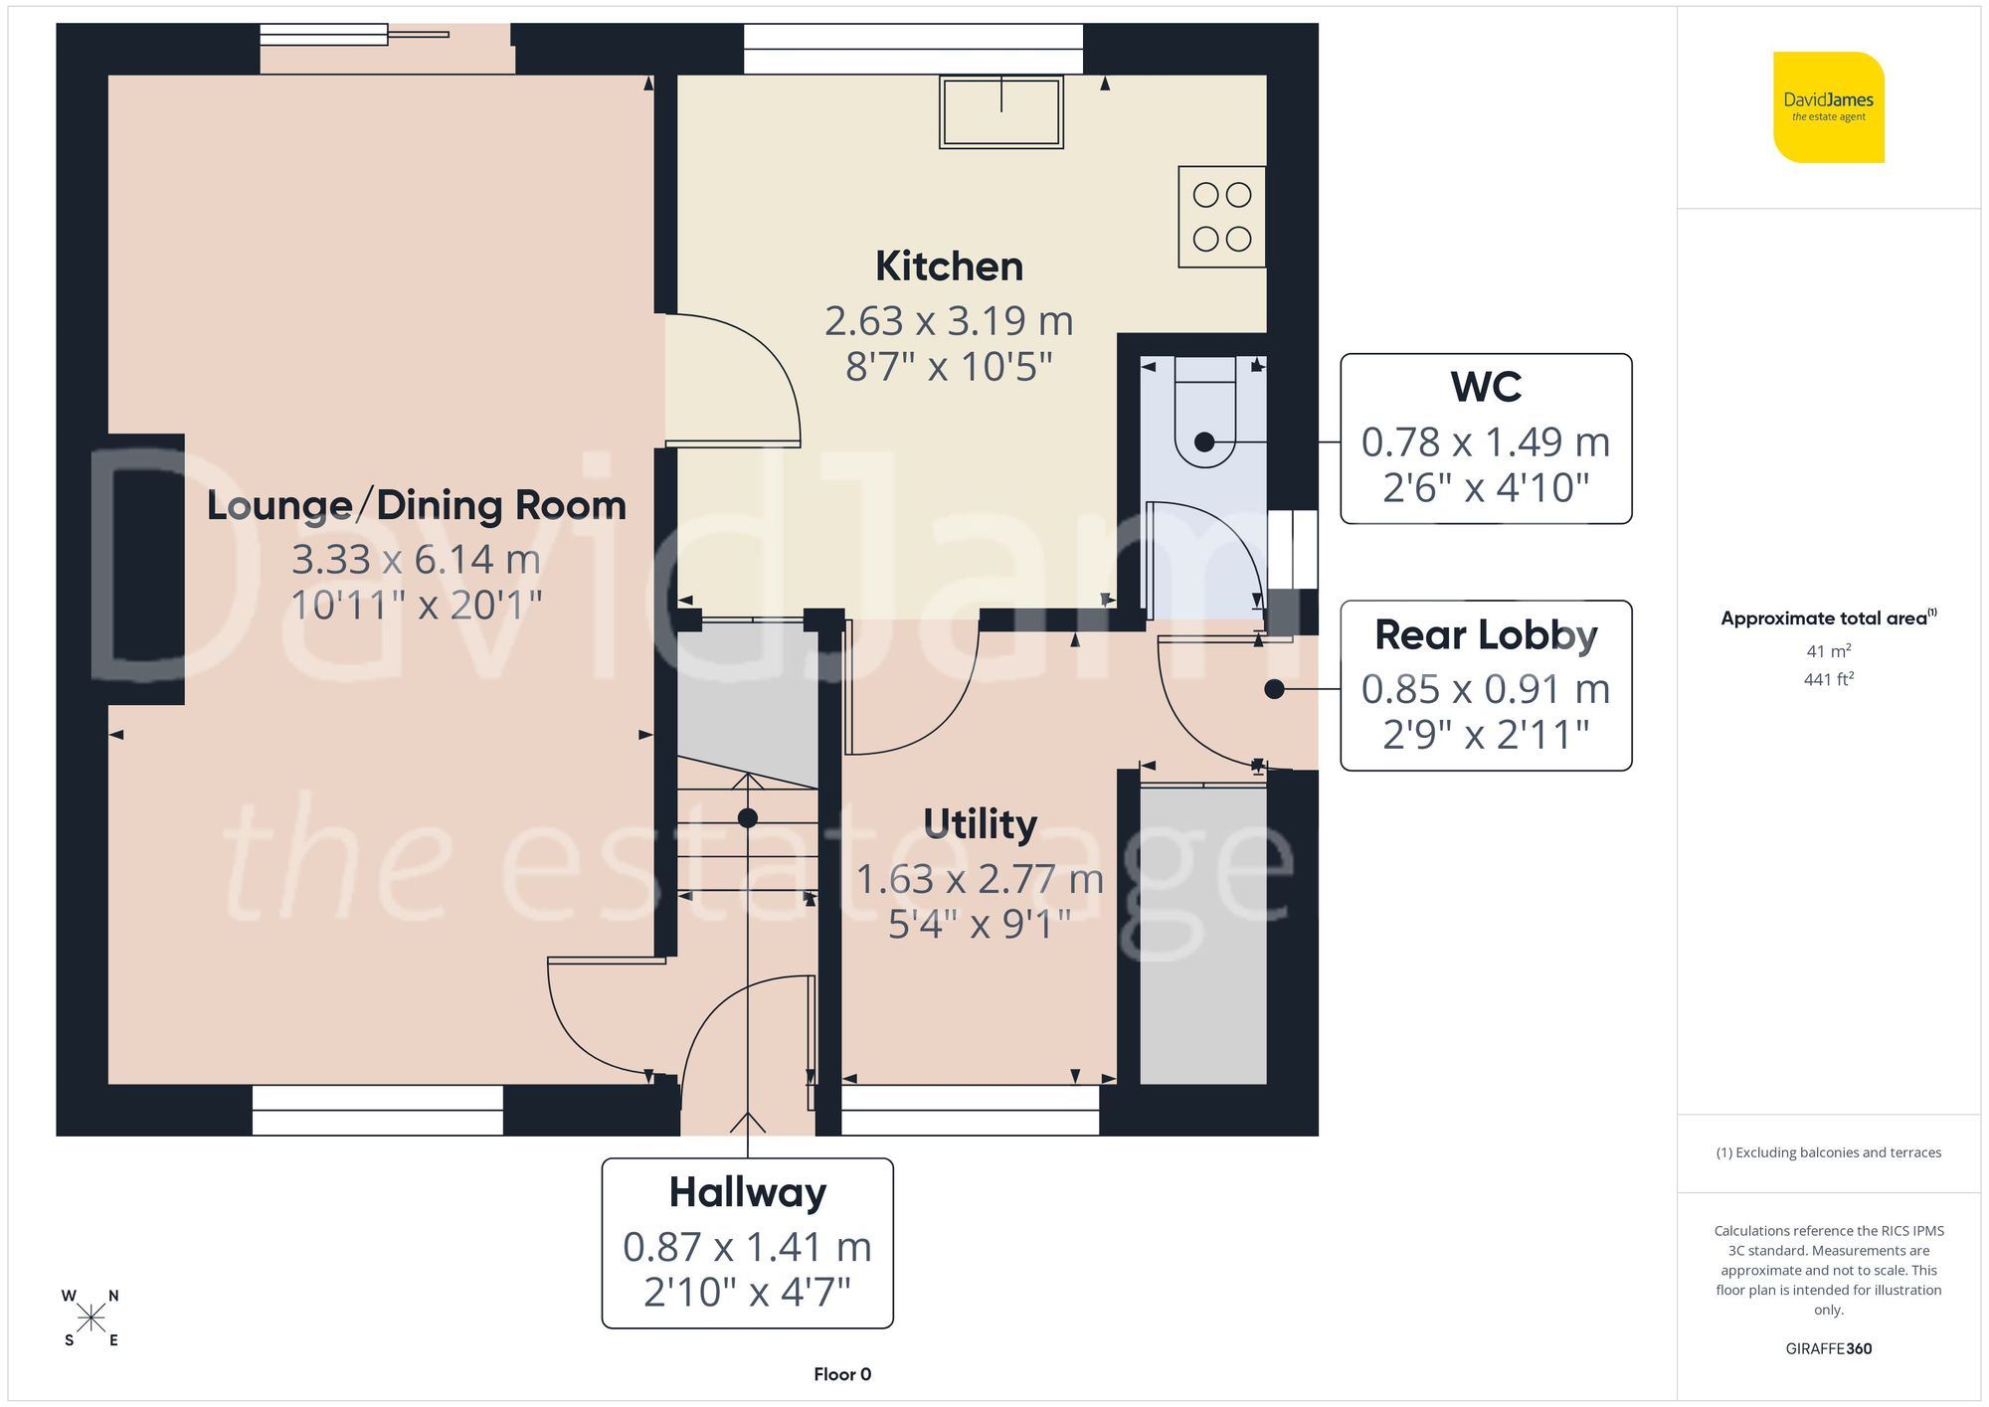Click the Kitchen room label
coord(949,266)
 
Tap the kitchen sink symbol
coord(1001,112)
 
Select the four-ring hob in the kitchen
coord(1221,217)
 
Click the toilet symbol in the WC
coord(1204,418)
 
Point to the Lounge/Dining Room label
coord(416,505)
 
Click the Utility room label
coord(980,823)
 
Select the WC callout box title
coord(1486,387)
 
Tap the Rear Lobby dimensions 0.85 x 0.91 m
coord(1485,689)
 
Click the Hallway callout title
coord(747,1192)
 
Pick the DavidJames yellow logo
coord(1828,107)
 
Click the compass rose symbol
coord(90,1319)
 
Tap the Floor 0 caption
coord(842,1374)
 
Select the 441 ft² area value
coord(1828,680)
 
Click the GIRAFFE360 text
coord(1828,1349)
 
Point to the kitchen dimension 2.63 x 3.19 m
coord(949,321)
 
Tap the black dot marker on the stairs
coord(748,818)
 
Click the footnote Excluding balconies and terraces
coord(1828,1152)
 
